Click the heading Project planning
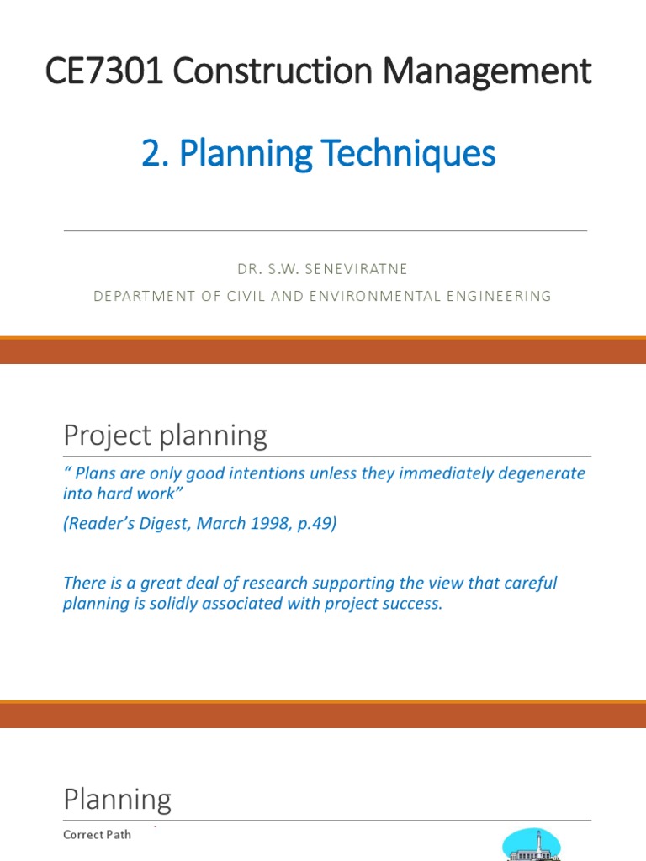point(165,436)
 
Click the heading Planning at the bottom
point(117,800)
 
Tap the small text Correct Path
point(97,835)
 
